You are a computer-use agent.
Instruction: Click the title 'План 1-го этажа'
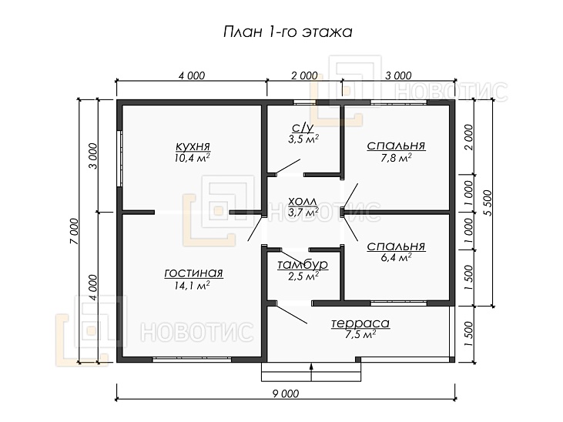(287, 32)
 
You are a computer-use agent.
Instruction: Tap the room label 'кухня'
(193, 146)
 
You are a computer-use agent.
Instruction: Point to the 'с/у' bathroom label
(303, 128)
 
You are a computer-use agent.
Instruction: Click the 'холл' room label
(303, 199)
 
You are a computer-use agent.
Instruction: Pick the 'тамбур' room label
(303, 265)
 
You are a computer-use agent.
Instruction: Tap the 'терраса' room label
(360, 323)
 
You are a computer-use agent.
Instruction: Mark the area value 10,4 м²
(193, 157)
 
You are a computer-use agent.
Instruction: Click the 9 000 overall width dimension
(284, 394)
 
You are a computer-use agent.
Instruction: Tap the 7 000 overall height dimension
(73, 230)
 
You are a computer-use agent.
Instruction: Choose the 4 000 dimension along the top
(191, 75)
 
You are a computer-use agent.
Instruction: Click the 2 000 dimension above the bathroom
(303, 75)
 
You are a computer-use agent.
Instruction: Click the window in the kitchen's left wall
(119, 158)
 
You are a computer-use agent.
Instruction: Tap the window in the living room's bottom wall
(189, 360)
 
